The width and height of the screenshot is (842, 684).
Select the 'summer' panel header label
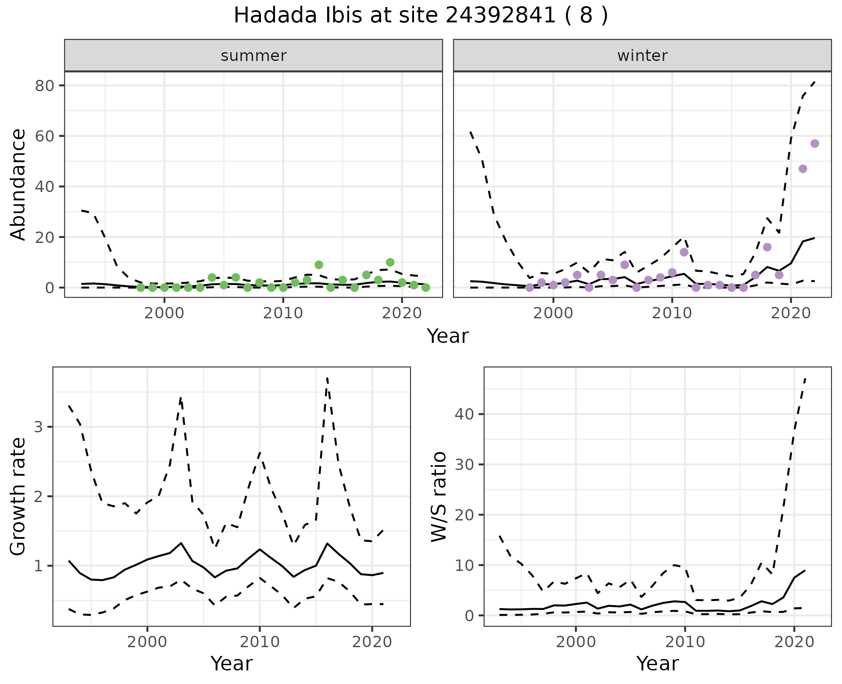click(253, 56)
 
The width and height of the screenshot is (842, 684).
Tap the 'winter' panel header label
click(642, 56)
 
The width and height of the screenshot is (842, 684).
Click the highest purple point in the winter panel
click(814, 143)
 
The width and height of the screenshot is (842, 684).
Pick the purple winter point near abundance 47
click(803, 169)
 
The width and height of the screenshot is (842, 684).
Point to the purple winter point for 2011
click(684, 252)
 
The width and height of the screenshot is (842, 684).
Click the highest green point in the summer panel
click(390, 262)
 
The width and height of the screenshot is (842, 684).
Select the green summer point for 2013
click(319, 265)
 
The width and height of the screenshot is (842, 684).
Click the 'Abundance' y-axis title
click(18, 184)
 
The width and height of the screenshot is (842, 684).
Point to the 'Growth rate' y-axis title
click(18, 496)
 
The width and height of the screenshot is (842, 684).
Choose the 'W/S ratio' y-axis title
click(439, 496)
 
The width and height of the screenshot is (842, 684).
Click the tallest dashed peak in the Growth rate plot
click(327, 378)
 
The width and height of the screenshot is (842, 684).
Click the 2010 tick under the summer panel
click(283, 313)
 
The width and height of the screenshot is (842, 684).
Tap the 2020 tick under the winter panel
click(790, 313)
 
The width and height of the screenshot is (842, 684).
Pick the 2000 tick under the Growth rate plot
click(147, 642)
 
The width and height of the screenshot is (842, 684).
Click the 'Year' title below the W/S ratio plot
click(657, 663)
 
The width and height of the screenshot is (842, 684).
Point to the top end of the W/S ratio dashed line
click(805, 378)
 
